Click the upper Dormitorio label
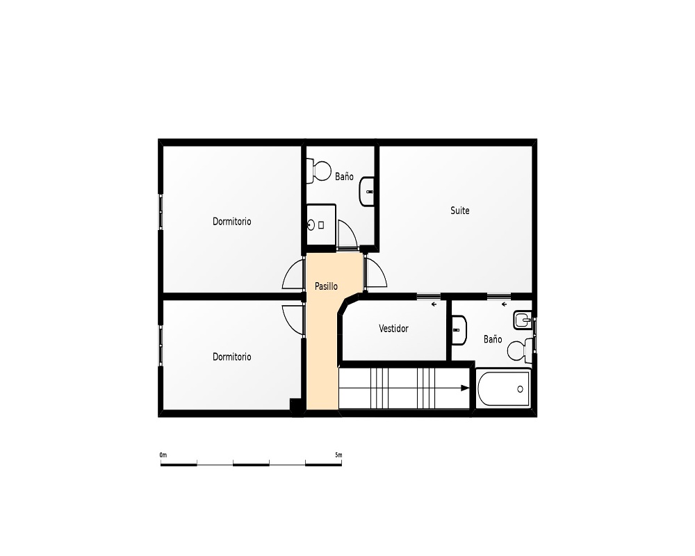point(232,221)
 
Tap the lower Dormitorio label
point(232,357)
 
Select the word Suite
point(459,211)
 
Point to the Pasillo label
point(326,286)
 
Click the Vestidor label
point(393,329)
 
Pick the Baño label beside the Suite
point(344,177)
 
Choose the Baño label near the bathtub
point(493,339)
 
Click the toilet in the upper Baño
point(319,171)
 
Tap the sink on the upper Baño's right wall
point(367,192)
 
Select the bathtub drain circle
point(520,389)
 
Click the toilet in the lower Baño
point(519,350)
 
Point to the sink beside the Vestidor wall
point(459,330)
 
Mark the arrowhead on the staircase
point(465,389)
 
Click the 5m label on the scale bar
point(338,455)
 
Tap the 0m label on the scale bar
point(163,455)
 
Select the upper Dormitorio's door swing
point(289,271)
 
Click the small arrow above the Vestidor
point(434,304)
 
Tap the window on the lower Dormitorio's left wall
point(161,345)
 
